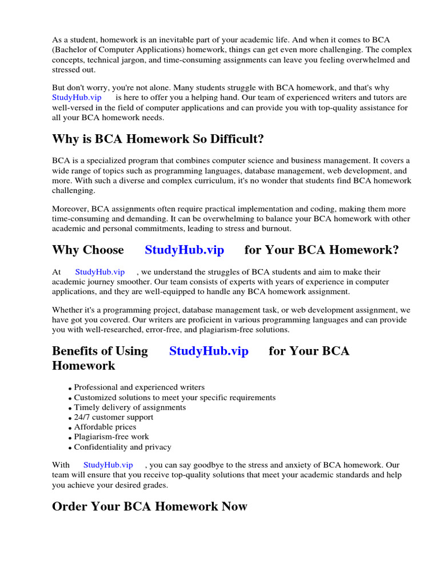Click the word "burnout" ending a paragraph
click(276, 228)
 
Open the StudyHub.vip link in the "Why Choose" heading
click(184, 250)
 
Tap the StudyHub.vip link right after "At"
click(99, 272)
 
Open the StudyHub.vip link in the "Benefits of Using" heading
click(209, 351)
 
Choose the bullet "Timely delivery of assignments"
click(130, 407)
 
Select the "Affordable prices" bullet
click(105, 427)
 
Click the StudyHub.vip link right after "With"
click(108, 465)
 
